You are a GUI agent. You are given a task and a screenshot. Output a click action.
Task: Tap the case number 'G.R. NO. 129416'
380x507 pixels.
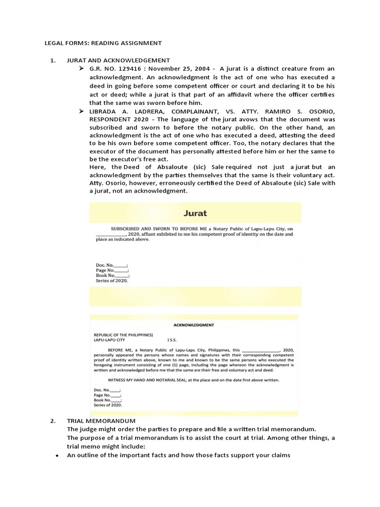click(117, 68)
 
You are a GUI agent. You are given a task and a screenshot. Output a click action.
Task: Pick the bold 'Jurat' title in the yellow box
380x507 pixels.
click(195, 214)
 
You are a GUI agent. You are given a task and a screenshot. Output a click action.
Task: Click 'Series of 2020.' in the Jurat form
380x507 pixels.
click(112, 281)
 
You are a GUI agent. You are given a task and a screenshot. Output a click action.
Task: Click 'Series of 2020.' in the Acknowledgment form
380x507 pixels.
click(108, 405)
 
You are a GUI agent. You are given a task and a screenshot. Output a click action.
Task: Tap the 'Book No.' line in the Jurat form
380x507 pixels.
click(112, 275)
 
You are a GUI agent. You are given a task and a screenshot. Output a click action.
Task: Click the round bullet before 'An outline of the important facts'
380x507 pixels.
click(58, 455)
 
